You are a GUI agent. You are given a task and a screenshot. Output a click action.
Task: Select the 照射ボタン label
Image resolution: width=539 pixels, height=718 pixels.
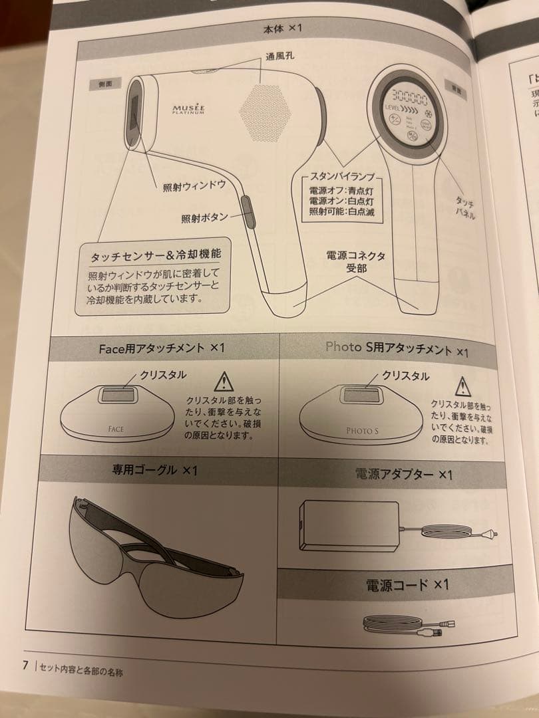pyautogui.click(x=204, y=217)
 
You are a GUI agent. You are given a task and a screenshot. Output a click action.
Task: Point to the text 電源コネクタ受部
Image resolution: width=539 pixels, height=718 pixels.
pyautogui.click(x=355, y=262)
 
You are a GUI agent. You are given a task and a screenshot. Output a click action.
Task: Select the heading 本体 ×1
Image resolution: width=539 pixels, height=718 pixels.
pyautogui.click(x=283, y=29)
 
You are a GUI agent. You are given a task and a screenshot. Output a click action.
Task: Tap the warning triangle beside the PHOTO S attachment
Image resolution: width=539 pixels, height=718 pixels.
pyautogui.click(x=461, y=386)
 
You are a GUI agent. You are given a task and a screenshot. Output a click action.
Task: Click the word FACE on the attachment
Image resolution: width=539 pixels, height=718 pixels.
pyautogui.click(x=116, y=429)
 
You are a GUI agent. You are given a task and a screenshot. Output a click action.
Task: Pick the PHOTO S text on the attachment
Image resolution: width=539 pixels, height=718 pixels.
pyautogui.click(x=361, y=431)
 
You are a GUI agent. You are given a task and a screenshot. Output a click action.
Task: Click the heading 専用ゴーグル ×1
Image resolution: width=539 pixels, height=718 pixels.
pyautogui.click(x=154, y=470)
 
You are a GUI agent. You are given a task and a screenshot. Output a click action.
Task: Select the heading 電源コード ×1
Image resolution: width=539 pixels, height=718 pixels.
pyautogui.click(x=407, y=584)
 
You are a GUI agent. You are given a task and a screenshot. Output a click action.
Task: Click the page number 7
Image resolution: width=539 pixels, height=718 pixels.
pyautogui.click(x=25, y=665)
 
